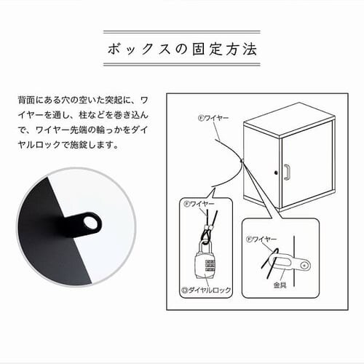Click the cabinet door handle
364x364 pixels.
pyautogui.click(x=287, y=173)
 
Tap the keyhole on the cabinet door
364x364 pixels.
pyautogui.click(x=276, y=173)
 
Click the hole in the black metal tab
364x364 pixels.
pyautogui.click(x=91, y=223)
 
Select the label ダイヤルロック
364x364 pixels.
pyautogui.click(x=209, y=290)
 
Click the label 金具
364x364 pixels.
pyautogui.click(x=280, y=285)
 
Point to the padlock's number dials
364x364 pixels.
pyautogui.click(x=210, y=266)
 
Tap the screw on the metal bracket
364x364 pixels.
pyautogui.click(x=304, y=266)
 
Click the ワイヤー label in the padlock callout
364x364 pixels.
pyautogui.click(x=202, y=203)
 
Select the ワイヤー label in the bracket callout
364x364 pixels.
pyautogui.click(x=264, y=240)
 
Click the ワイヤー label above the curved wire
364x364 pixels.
pyautogui.click(x=217, y=119)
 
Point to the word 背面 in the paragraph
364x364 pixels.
pyautogui.click(x=26, y=100)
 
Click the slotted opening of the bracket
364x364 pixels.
pyautogui.click(x=282, y=262)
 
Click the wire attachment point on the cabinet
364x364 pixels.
pyautogui.click(x=242, y=161)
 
